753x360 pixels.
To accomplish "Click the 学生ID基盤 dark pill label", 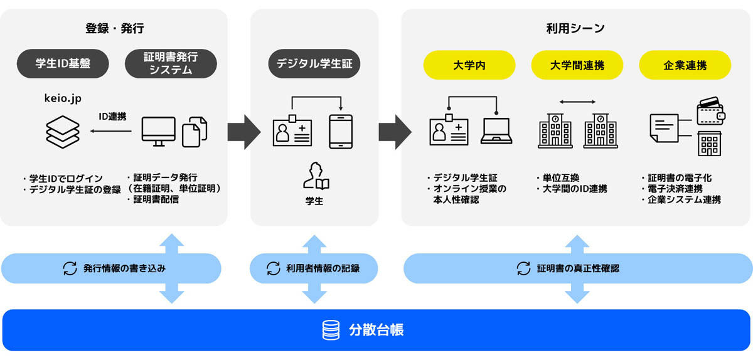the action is click(x=63, y=63).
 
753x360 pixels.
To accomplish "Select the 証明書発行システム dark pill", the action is click(x=171, y=63).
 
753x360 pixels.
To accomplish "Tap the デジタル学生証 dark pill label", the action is click(x=314, y=63).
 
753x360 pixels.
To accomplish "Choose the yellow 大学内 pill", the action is click(x=469, y=65).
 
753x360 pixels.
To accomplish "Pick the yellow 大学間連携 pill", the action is click(x=577, y=65).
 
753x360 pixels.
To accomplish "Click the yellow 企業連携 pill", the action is click(x=685, y=65).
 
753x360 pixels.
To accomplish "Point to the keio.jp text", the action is click(x=63, y=98).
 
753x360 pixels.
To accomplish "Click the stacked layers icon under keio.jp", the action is click(x=63, y=132).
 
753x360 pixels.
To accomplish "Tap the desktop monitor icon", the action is click(x=158, y=132).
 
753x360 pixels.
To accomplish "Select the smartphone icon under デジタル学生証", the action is click(x=341, y=132).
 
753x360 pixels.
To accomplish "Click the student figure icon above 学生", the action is click(x=316, y=176).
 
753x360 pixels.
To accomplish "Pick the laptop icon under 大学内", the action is click(x=496, y=131).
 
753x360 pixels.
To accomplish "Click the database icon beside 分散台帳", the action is click(x=331, y=330).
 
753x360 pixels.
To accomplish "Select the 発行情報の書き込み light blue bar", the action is click(x=111, y=268).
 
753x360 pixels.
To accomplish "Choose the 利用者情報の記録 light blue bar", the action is click(x=314, y=268).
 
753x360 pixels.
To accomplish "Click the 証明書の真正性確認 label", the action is click(x=578, y=268).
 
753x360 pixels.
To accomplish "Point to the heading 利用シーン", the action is click(x=575, y=29).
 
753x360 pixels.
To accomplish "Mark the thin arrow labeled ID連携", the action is click(x=111, y=131).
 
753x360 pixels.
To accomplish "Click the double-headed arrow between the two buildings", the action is click(x=577, y=102).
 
